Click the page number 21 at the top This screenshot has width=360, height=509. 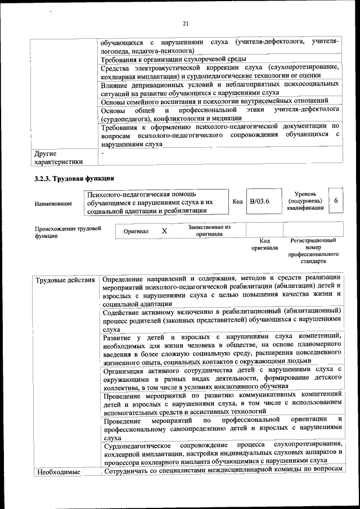pyautogui.click(x=186, y=23)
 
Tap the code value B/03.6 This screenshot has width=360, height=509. pyautogui.click(x=260, y=201)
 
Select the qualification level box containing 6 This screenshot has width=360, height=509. pyautogui.click(x=336, y=201)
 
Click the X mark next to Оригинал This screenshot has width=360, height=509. pyautogui.click(x=164, y=231)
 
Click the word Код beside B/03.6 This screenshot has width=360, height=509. pyautogui.click(x=237, y=201)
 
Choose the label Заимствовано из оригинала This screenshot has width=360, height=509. pyautogui.click(x=209, y=231)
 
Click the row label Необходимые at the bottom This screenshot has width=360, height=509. pyautogui.click(x=57, y=472)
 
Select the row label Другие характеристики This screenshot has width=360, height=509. pyautogui.click(x=58, y=157)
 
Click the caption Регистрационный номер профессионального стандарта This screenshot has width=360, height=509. pyautogui.click(x=313, y=251)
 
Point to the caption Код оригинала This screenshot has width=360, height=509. pyautogui.click(x=264, y=244)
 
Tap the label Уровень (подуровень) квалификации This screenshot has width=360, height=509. pyautogui.click(x=304, y=201)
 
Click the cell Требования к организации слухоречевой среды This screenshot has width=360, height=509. pyautogui.click(x=172, y=59)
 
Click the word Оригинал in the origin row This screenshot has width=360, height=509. pyautogui.click(x=136, y=232)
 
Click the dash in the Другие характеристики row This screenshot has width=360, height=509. pyautogui.click(x=102, y=152)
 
